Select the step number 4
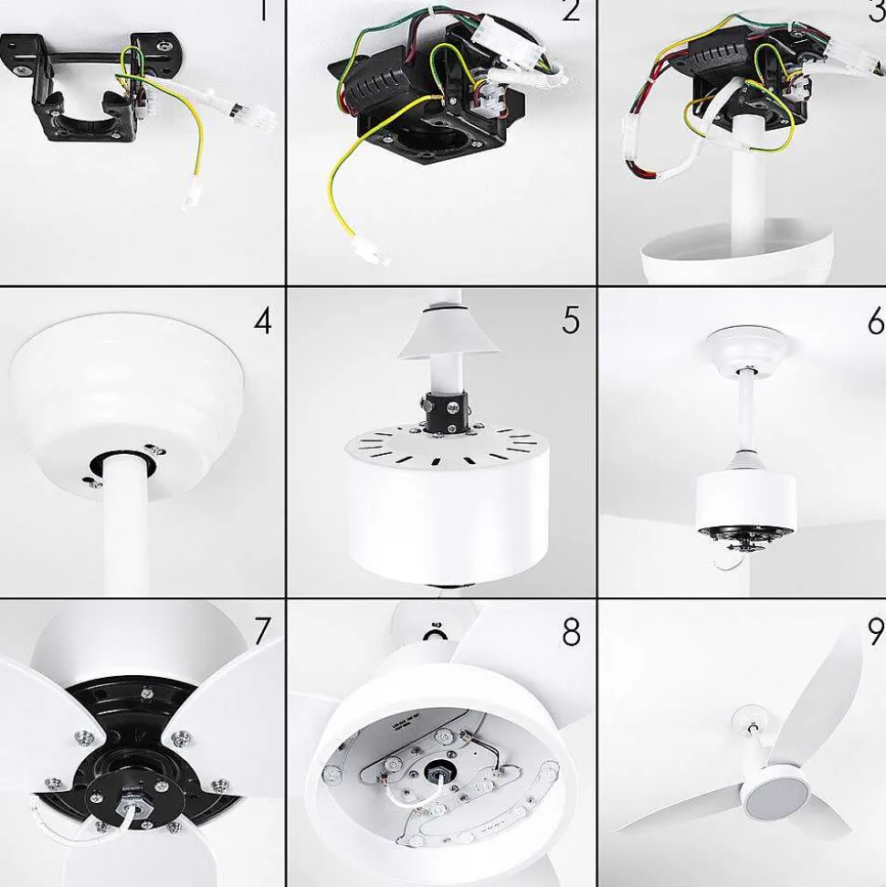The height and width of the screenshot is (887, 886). (x=263, y=321)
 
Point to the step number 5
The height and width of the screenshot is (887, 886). (x=571, y=321)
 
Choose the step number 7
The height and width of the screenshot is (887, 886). (x=263, y=630)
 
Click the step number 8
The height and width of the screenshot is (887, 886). (x=571, y=632)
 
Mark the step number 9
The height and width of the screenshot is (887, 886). (x=875, y=632)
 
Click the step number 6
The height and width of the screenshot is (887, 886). (x=875, y=321)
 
